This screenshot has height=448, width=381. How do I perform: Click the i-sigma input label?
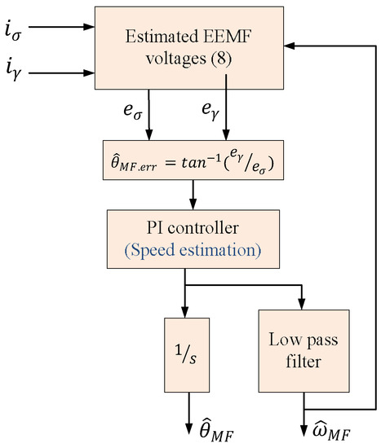pos(16,31)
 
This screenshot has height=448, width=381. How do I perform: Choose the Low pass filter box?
pos(303,348)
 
